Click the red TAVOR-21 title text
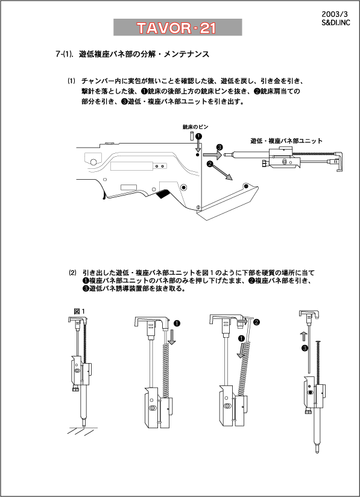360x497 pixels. point(177,28)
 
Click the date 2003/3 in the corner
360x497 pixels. point(335,14)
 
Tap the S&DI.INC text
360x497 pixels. point(336,23)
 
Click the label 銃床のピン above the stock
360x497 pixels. point(195,127)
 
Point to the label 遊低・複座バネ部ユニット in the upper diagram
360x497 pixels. point(286,141)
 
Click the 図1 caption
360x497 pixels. point(79,311)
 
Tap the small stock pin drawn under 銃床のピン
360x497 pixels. point(192,136)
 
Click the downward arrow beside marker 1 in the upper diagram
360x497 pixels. point(198,145)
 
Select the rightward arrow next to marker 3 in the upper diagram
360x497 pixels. point(212,154)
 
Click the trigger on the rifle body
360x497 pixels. point(104,194)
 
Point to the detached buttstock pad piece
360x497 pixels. point(227,201)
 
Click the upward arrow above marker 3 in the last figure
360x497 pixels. point(304,337)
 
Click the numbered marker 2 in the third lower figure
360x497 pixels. point(257,322)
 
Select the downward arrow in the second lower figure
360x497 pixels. point(172,337)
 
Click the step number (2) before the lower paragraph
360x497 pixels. point(73,273)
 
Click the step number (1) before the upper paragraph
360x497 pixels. point(71,81)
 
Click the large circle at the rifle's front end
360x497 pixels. point(93,162)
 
